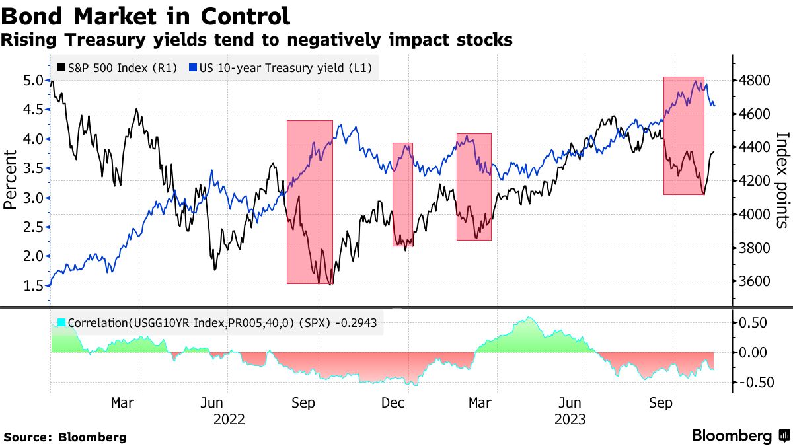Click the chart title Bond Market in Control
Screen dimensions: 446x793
[146, 16]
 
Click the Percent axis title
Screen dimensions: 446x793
[11, 180]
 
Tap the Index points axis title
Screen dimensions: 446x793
[782, 180]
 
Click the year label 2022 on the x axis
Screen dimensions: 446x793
[229, 419]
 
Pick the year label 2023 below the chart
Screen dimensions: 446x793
[569, 419]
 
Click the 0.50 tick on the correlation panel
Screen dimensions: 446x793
[753, 323]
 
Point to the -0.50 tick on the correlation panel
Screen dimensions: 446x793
[751, 383]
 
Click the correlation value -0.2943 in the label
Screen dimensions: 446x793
[361, 323]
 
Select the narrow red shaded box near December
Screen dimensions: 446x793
[402, 194]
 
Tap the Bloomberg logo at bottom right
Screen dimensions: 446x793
[740, 436]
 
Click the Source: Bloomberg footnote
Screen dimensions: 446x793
[65, 437]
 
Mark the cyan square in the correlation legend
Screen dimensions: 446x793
[61, 323]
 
